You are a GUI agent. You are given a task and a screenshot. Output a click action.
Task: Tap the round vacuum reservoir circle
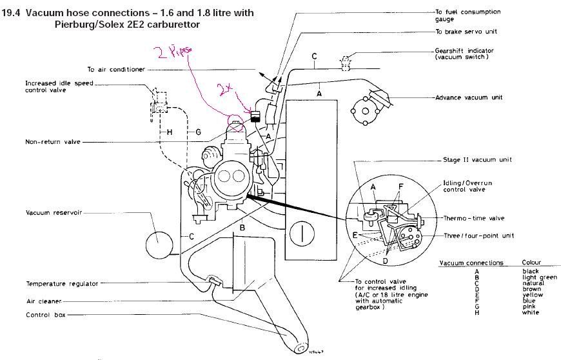(157, 245)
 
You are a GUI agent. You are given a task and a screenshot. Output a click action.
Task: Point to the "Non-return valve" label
(53, 142)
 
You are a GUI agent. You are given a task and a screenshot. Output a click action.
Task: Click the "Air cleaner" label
(43, 301)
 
